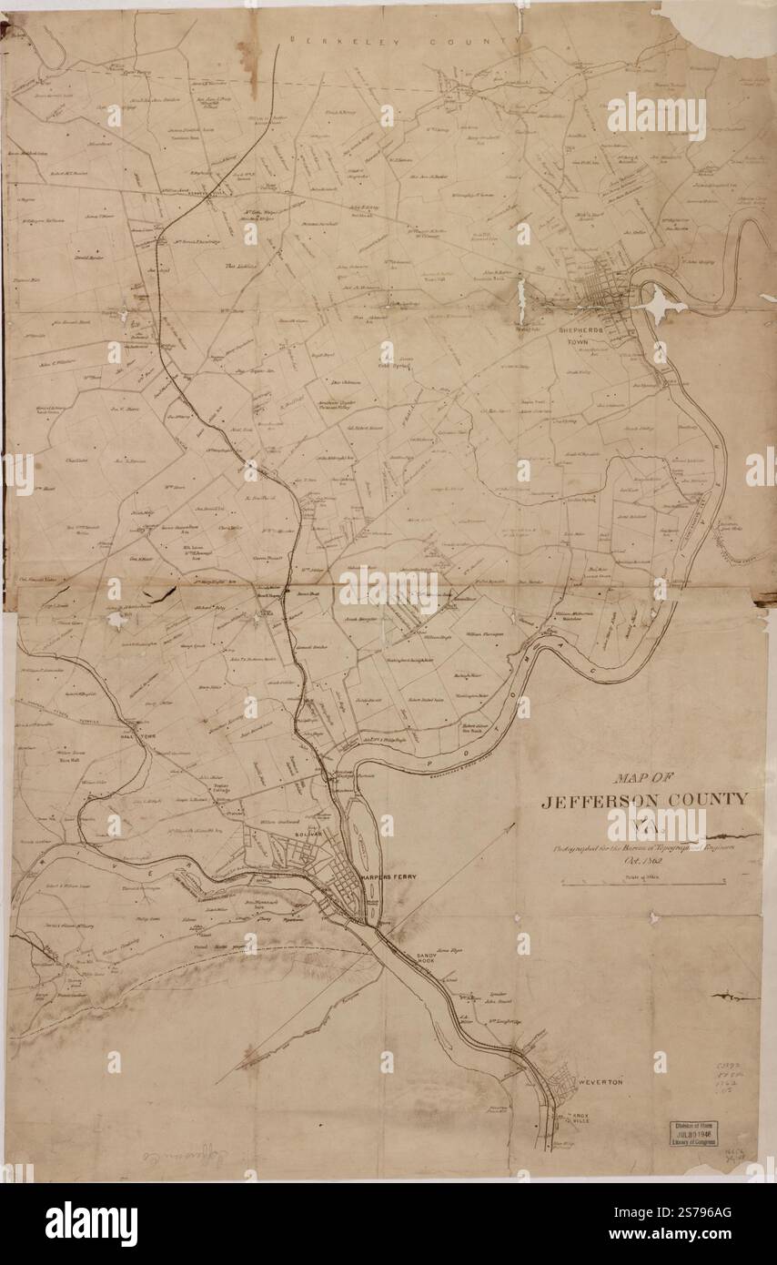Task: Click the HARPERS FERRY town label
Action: point(388,876)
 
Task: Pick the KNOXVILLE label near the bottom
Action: point(579,1118)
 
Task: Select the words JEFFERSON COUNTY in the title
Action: point(644,801)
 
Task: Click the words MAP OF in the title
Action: point(643,778)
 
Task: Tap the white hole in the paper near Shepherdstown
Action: point(662,304)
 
